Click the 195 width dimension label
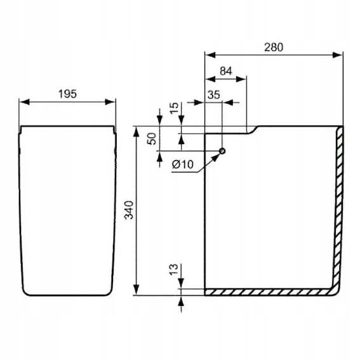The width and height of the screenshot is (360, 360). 67,94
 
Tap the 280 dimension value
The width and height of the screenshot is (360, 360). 274,47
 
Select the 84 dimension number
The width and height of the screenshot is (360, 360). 226,71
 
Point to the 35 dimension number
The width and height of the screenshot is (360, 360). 214,95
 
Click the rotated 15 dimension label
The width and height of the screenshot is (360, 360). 174,108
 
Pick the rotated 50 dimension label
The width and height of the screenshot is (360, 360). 152,138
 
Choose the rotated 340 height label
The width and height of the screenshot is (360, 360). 128,210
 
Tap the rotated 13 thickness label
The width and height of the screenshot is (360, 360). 174,269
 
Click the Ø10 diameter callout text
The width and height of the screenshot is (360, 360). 183,164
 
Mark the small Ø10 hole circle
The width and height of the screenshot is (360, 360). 222,151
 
